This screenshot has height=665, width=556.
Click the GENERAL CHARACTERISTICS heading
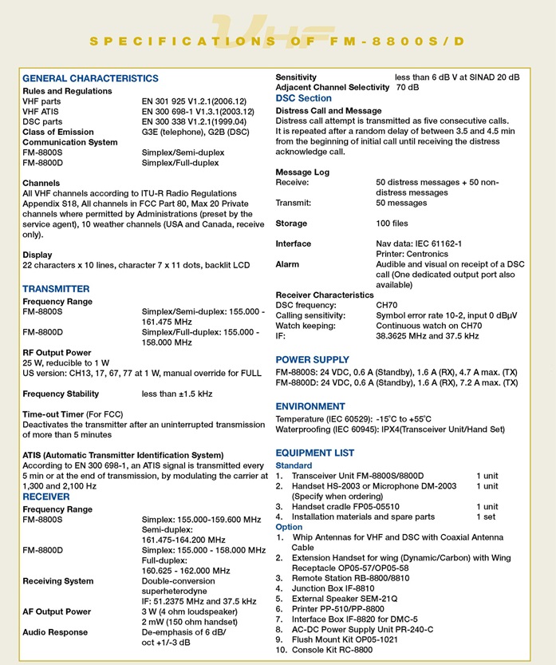(x=90, y=78)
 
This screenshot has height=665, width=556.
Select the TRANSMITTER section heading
(x=56, y=288)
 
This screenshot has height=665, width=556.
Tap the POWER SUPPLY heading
(x=312, y=359)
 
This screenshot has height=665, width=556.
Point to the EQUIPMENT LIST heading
(x=314, y=453)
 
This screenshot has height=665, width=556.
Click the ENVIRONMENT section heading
(x=310, y=406)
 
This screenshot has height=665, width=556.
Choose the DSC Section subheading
(x=303, y=98)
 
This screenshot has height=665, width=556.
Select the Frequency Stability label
(x=61, y=394)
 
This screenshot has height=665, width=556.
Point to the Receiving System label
(x=57, y=580)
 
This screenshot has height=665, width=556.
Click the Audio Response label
(x=55, y=632)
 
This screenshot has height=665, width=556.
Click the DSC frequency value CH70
(x=387, y=305)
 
